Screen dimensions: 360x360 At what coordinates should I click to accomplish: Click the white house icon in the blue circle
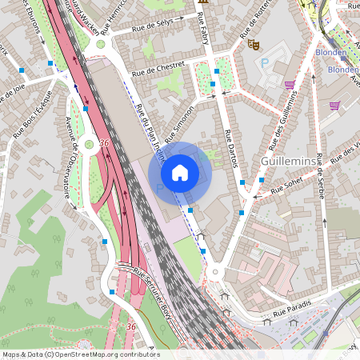tap(180, 172)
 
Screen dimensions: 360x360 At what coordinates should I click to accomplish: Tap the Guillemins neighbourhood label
tap(289, 162)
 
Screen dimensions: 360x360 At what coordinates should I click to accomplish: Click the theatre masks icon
tap(254, 45)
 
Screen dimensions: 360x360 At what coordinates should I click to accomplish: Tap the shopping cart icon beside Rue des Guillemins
tap(289, 85)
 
